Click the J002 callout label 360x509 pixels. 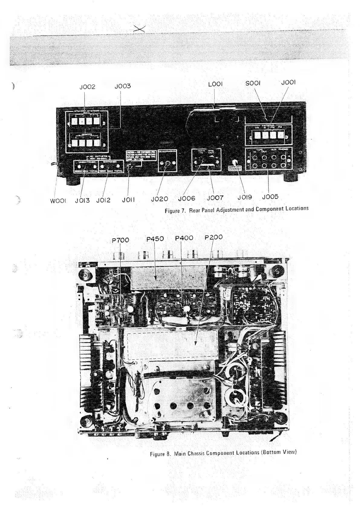pyautogui.click(x=87, y=87)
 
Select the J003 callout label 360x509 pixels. pyautogui.click(x=123, y=86)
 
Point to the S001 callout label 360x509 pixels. pyautogui.click(x=253, y=83)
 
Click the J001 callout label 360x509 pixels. pyautogui.click(x=288, y=83)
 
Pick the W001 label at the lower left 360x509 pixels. pyautogui.click(x=58, y=201)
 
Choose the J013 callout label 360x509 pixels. pyautogui.click(x=83, y=200)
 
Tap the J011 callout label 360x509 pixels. pyautogui.click(x=128, y=200)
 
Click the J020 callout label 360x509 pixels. pyautogui.click(x=159, y=199)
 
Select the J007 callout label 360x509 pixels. pyautogui.click(x=215, y=198)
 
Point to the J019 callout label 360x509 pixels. pyautogui.click(x=245, y=197)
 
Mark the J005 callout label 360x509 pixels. pyautogui.click(x=270, y=197)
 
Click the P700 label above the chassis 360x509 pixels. pyautogui.click(x=120, y=240)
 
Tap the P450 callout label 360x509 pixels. pyautogui.click(x=155, y=239)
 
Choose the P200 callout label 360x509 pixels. pyautogui.click(x=213, y=237)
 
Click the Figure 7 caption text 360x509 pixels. pyautogui.click(x=236, y=209)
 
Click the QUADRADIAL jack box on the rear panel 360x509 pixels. pyautogui.click(x=167, y=160)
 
